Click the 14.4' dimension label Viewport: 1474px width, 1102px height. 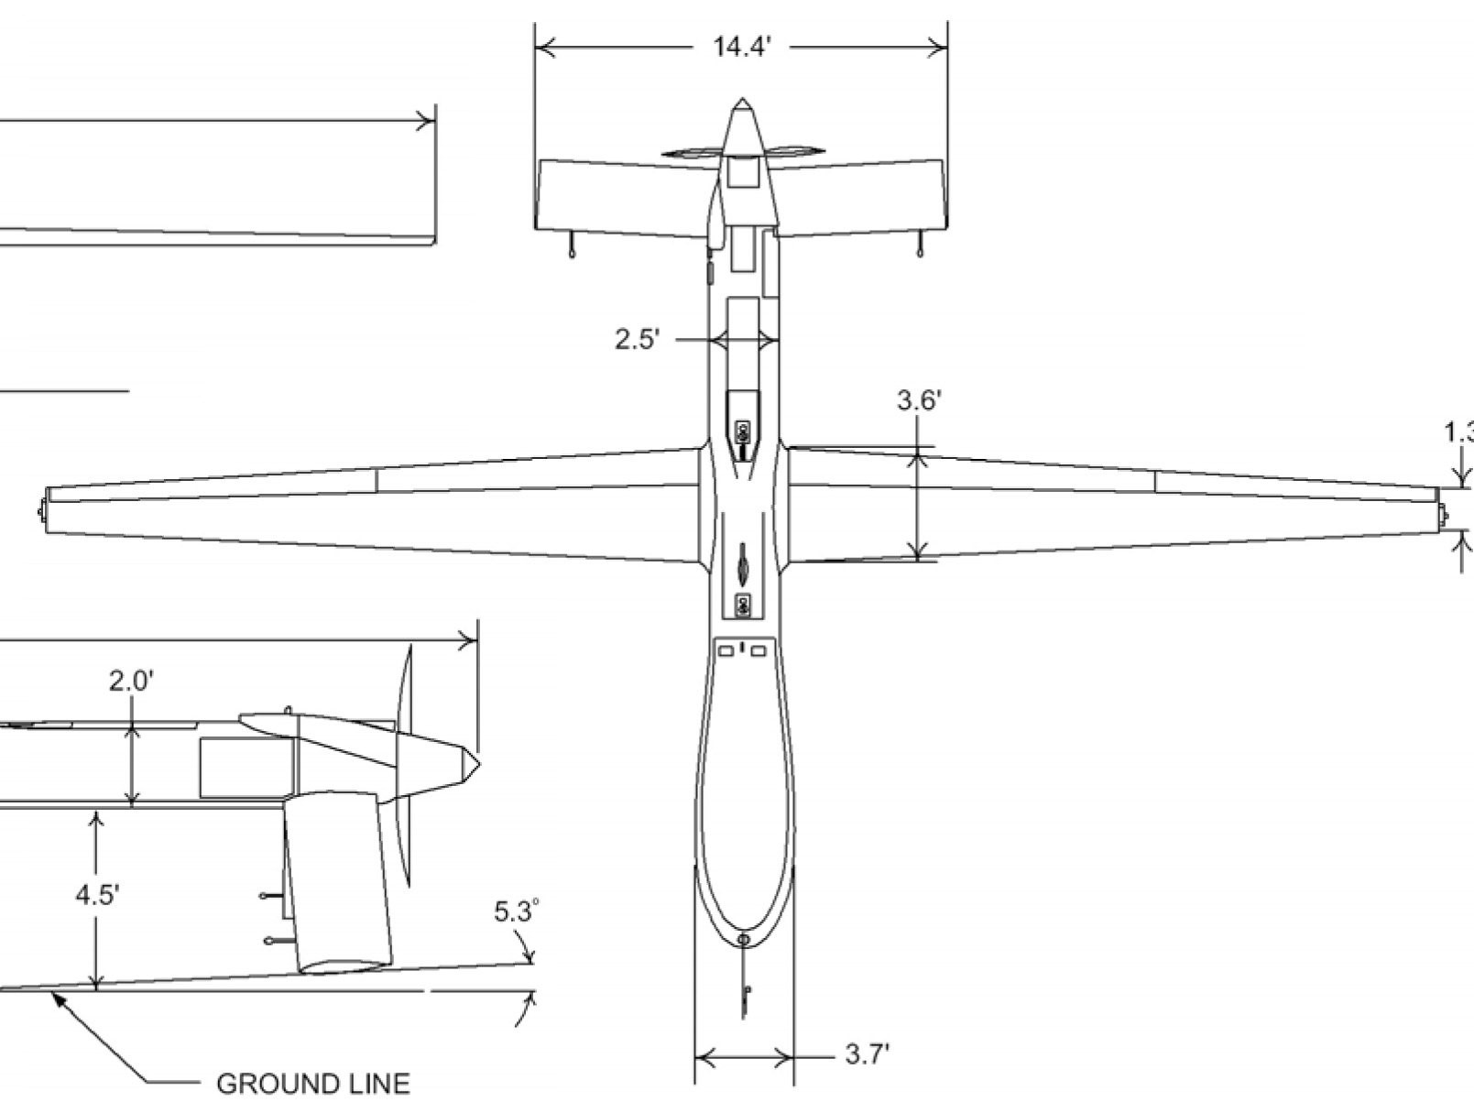(x=742, y=47)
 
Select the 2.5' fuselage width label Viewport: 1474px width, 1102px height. (x=636, y=340)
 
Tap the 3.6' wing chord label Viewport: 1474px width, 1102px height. (x=919, y=400)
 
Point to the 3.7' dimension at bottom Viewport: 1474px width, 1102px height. (x=867, y=1054)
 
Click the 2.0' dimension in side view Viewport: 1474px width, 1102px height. (x=131, y=682)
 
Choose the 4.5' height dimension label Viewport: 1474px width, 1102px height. (x=97, y=894)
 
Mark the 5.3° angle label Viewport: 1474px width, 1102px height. (x=516, y=911)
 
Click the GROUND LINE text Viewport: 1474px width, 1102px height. (x=312, y=1084)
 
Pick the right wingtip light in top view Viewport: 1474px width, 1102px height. (x=1444, y=517)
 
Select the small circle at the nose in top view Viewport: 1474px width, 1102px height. (x=743, y=940)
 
